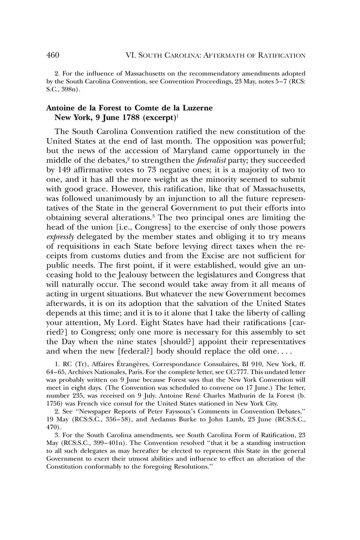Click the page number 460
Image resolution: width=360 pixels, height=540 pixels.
click(52, 55)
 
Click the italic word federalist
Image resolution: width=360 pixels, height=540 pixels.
click(212, 160)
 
